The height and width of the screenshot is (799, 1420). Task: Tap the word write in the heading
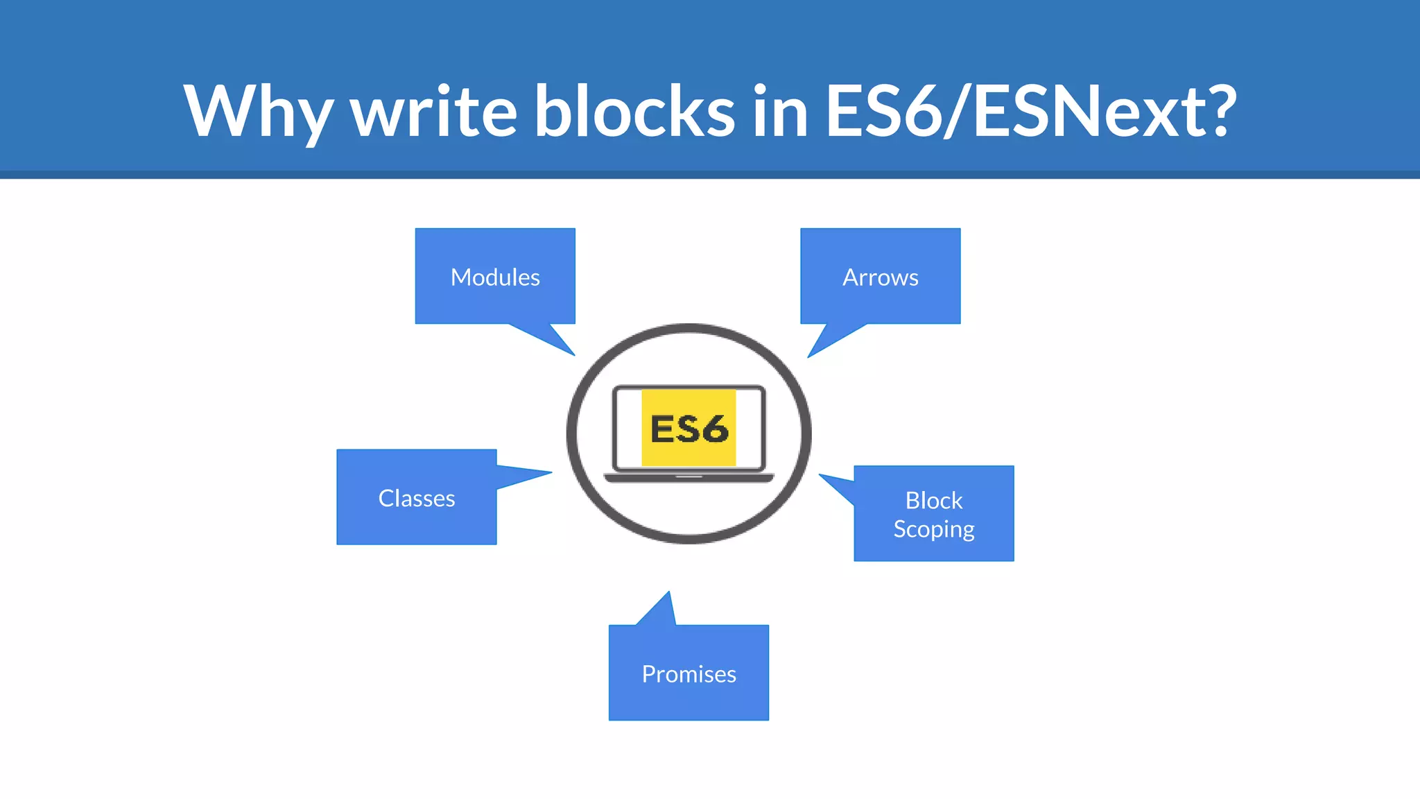point(434,111)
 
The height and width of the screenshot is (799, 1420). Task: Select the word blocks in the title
point(634,111)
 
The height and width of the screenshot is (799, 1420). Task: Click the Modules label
point(495,277)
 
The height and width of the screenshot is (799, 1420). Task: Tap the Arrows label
point(880,277)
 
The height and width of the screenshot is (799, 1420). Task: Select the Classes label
point(417,498)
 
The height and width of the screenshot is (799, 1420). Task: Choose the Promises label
point(689,674)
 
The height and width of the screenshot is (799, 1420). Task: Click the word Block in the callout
point(934,500)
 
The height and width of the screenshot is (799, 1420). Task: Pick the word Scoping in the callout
point(934,529)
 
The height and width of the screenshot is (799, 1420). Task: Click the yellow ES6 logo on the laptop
point(689,428)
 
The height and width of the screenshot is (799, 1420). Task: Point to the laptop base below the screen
point(689,477)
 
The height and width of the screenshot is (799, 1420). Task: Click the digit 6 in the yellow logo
point(713,429)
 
